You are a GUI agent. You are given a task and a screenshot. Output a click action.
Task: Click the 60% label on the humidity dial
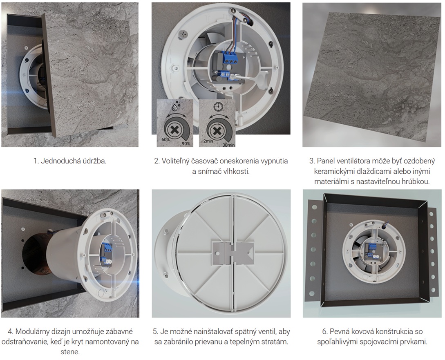(166, 140)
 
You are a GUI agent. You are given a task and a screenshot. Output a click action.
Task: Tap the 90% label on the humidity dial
(186, 143)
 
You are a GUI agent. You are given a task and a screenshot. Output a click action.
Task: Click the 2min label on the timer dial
(208, 141)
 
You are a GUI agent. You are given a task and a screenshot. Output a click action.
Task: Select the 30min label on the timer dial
(229, 145)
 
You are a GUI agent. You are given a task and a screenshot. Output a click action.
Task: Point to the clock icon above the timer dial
(218, 107)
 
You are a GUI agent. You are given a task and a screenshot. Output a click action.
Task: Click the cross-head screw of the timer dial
(217, 131)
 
